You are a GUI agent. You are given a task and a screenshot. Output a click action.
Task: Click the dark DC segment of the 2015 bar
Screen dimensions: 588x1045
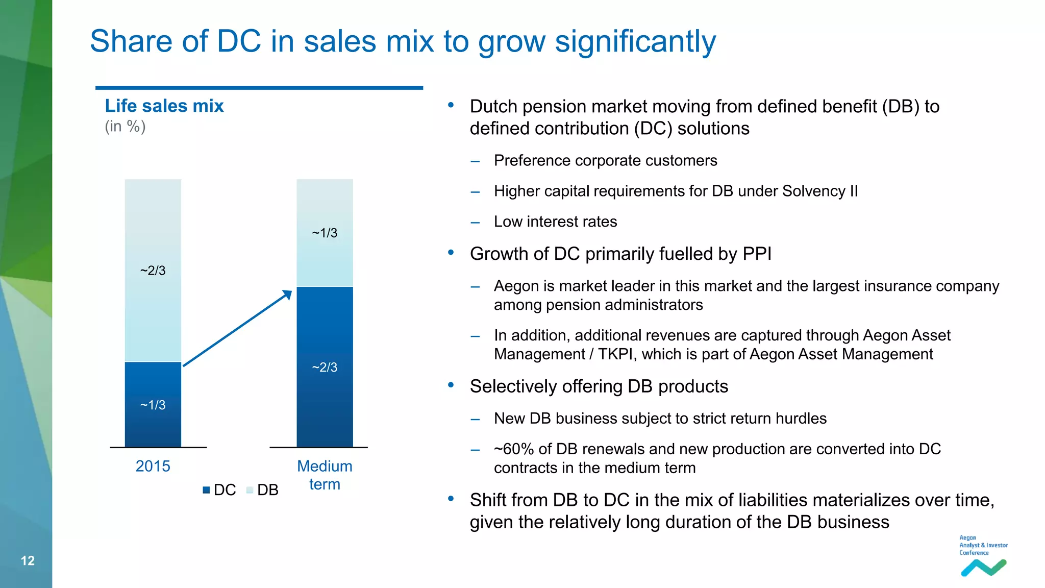click(x=153, y=424)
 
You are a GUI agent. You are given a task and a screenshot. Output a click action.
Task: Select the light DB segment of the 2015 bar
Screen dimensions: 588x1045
click(x=153, y=230)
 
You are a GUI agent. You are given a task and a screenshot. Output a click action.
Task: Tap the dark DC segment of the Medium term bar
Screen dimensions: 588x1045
click(x=325, y=398)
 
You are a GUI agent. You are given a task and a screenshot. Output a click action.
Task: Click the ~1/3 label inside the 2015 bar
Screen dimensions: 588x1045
click(x=153, y=405)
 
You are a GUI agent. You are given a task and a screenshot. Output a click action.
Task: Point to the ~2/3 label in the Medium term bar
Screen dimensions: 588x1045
click(x=325, y=367)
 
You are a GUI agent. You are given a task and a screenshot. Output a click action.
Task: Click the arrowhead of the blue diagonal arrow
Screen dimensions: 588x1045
click(x=287, y=295)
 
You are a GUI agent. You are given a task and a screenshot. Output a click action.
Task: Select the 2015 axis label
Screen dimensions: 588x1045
click(x=153, y=466)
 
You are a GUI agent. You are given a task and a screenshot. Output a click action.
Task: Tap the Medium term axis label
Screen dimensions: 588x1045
click(x=325, y=475)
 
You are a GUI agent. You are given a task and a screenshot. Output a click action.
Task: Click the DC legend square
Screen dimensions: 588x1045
click(x=206, y=490)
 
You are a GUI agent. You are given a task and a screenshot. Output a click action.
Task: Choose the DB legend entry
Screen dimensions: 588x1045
click(x=262, y=490)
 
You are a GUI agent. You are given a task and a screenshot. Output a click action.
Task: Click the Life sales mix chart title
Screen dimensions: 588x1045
click(x=164, y=106)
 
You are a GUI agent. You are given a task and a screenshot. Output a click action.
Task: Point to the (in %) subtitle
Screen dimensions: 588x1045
click(x=125, y=126)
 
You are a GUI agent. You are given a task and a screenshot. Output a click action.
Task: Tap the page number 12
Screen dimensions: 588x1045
click(x=28, y=560)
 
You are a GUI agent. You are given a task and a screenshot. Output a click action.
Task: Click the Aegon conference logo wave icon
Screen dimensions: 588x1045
click(x=983, y=568)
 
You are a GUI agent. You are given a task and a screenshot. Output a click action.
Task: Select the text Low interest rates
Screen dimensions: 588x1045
click(x=555, y=222)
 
